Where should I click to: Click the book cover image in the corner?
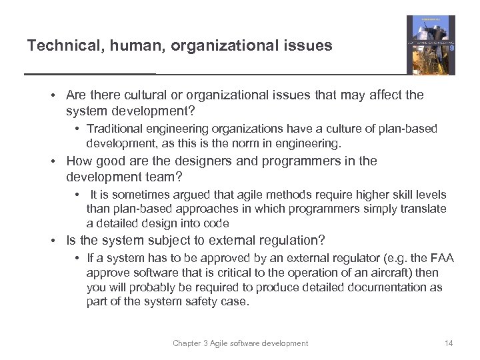431,45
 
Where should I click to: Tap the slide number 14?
448,343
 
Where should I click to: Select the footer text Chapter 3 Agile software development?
240,343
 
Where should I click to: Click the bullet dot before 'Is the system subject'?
57,240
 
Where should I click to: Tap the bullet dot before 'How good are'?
57,161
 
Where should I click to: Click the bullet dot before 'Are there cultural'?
57,95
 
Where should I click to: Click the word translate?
423,209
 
